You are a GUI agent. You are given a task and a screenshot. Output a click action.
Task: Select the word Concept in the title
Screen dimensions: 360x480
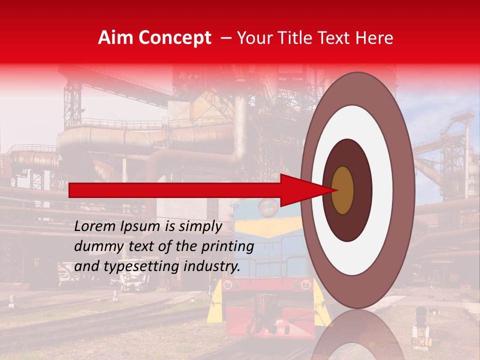pos(174,38)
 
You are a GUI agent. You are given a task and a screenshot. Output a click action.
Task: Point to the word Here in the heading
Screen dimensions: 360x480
pos(375,38)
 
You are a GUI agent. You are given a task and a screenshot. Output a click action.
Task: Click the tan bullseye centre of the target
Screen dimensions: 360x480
pos(343,190)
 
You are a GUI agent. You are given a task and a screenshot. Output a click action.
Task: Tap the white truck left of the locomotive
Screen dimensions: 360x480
pos(70,274)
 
